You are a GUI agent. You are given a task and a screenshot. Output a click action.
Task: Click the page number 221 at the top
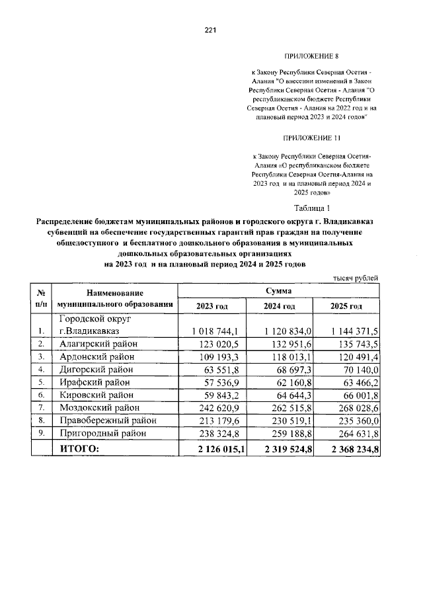211,30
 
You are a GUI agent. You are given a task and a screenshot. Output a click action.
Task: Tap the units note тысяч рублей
356,278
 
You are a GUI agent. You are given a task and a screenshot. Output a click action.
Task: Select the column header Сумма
278,290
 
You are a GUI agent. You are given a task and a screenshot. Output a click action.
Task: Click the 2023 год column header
212,307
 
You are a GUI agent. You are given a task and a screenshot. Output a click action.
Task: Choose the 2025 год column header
346,307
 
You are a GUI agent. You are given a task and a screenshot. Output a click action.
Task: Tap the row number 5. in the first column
42,381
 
